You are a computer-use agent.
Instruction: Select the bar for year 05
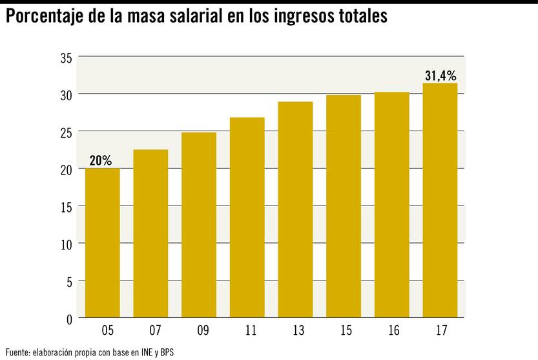click(102, 243)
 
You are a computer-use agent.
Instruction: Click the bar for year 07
click(150, 234)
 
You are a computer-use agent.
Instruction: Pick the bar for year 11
click(247, 218)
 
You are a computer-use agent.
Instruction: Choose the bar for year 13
click(295, 210)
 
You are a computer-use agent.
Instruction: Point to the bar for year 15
click(344, 207)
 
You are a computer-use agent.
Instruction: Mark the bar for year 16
click(391, 205)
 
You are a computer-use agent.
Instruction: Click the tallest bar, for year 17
click(440, 200)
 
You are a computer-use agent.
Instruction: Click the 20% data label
click(100, 161)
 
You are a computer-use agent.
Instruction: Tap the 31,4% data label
click(440, 76)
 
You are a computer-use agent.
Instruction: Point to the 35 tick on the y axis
click(66, 58)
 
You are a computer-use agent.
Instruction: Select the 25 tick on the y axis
click(66, 132)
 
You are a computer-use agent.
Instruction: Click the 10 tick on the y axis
click(66, 244)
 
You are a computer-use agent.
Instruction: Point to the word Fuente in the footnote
click(17, 352)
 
